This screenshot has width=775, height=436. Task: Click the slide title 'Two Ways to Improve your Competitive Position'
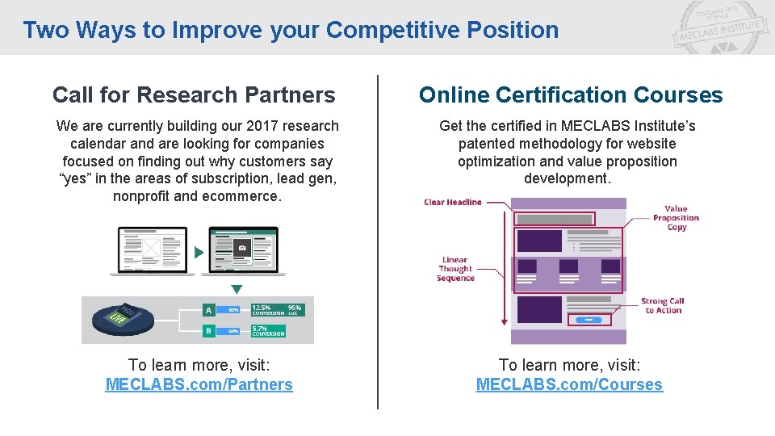[x=291, y=30]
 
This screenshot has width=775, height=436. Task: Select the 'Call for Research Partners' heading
[x=194, y=95]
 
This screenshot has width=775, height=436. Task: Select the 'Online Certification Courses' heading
[x=571, y=95]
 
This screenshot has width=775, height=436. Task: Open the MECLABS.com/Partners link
[x=199, y=384]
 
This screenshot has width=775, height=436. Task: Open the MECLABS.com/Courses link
[x=569, y=384]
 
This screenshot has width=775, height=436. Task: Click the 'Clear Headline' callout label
[x=452, y=202]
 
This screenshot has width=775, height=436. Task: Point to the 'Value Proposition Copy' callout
[x=676, y=218]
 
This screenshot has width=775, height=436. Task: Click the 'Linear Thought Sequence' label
[x=455, y=269]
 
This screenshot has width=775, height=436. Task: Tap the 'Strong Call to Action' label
[x=663, y=305]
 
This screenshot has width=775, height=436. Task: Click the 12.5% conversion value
[x=262, y=308]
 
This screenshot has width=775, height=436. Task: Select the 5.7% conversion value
[x=260, y=329]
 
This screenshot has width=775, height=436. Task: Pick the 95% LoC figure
[x=295, y=308]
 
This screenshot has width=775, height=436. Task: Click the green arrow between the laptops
[x=199, y=253]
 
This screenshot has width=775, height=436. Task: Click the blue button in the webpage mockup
[x=589, y=321]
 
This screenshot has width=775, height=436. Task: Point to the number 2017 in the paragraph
[x=242, y=126]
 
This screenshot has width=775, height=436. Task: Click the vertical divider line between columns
[x=378, y=242]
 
